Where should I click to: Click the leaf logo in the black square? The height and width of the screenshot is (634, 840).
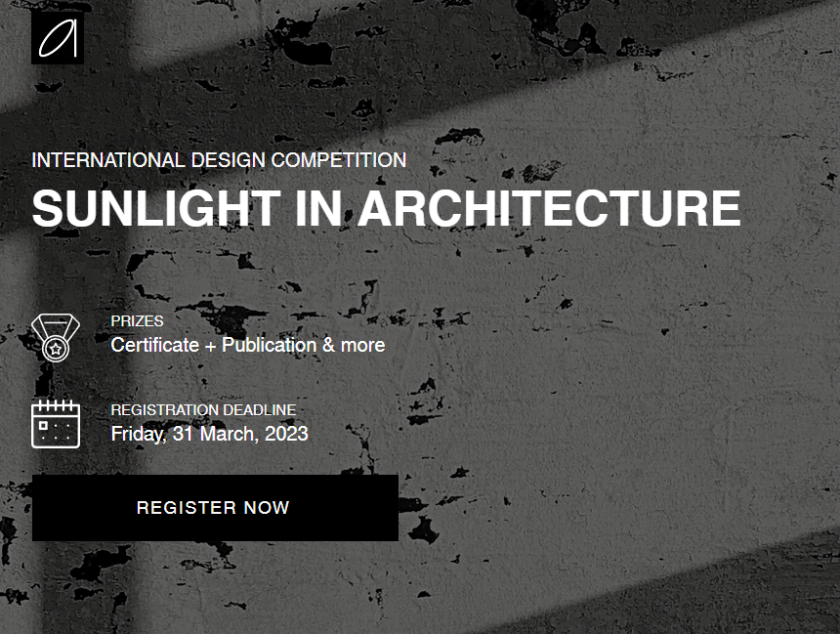click(57, 38)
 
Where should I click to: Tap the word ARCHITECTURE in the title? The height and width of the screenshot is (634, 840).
click(549, 208)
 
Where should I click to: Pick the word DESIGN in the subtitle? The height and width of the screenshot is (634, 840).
click(228, 160)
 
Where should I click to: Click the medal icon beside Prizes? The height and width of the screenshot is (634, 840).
click(55, 338)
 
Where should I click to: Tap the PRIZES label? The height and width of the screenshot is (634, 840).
click(137, 321)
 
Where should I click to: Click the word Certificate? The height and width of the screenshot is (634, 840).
click(151, 345)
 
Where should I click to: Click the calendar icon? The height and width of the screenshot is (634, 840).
click(55, 423)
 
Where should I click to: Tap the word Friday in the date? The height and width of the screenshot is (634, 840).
click(136, 434)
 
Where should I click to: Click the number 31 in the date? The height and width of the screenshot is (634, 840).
click(183, 434)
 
